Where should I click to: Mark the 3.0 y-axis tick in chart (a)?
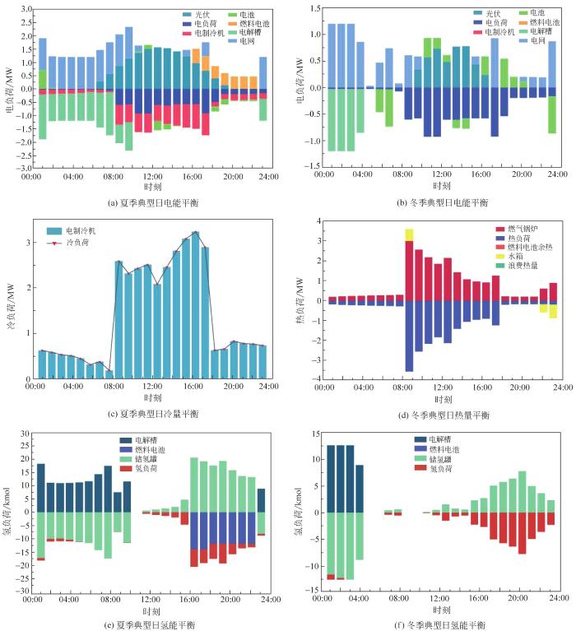pos(25,9)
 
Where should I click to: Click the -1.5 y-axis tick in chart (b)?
pos(312,166)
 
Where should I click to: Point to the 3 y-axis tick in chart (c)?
pos(30,243)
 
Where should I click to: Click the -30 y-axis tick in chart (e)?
pos(24,592)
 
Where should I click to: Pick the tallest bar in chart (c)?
pos(195,304)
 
